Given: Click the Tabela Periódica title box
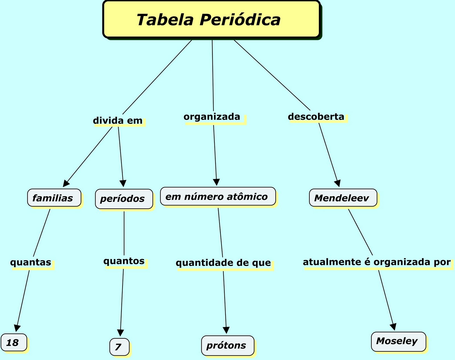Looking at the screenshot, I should click(211, 19).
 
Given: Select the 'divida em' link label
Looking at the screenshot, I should click(118, 121).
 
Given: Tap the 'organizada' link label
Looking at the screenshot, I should click(212, 117).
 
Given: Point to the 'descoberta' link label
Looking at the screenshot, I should click(316, 117).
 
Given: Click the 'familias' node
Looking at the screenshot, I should click(54, 198).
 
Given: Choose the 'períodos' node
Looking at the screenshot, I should click(124, 199).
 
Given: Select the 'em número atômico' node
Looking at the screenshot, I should click(218, 196).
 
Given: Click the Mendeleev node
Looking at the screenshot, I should click(343, 198).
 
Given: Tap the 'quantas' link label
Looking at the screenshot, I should click(31, 262).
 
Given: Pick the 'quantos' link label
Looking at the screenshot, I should click(124, 261).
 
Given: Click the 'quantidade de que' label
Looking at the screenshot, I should click(223, 263).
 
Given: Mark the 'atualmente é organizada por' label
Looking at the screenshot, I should click(377, 262).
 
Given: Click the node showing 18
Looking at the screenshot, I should click(14, 343).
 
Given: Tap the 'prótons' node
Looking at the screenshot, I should click(227, 345).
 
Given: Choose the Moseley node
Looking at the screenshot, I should click(398, 341).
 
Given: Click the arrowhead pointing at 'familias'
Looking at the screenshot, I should click(67, 183).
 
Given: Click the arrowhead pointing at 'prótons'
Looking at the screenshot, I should click(226, 330).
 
